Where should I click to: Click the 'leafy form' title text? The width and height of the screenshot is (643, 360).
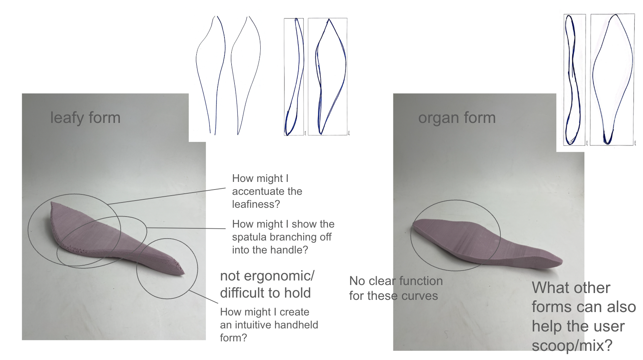(85, 118)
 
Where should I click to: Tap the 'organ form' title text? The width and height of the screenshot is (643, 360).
(457, 118)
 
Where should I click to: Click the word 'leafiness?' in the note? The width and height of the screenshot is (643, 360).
(256, 204)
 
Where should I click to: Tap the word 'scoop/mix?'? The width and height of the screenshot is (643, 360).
(572, 346)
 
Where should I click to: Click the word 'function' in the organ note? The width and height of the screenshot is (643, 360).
(421, 281)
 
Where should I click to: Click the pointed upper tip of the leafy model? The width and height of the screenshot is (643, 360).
(53, 204)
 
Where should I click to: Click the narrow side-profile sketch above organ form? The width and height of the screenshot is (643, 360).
(574, 80)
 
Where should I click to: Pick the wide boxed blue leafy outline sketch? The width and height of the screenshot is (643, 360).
(327, 76)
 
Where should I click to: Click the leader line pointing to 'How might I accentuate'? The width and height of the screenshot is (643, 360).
(167, 196)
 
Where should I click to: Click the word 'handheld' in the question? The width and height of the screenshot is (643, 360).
(296, 325)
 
